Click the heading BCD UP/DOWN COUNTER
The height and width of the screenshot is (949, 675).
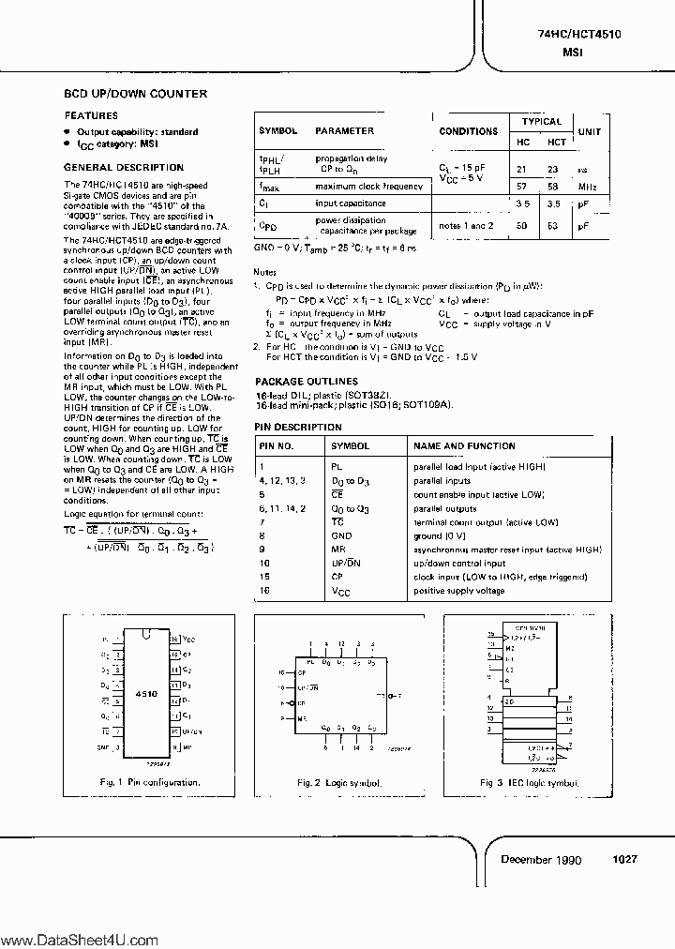point(135,94)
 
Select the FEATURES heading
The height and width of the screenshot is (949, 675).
point(91,115)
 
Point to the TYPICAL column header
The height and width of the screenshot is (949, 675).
point(541,121)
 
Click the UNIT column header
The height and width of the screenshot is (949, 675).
point(589,131)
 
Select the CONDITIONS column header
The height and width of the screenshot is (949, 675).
point(468,131)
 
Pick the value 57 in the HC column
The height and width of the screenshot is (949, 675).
point(523,187)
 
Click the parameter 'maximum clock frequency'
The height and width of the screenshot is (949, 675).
point(368,187)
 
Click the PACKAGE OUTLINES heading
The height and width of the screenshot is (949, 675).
point(306,382)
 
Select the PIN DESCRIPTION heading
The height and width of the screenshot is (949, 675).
point(298,427)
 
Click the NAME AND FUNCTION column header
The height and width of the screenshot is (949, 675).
point(464,446)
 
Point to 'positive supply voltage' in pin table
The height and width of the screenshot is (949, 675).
point(459,591)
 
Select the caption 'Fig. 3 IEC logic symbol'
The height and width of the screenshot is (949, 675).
point(530,781)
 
